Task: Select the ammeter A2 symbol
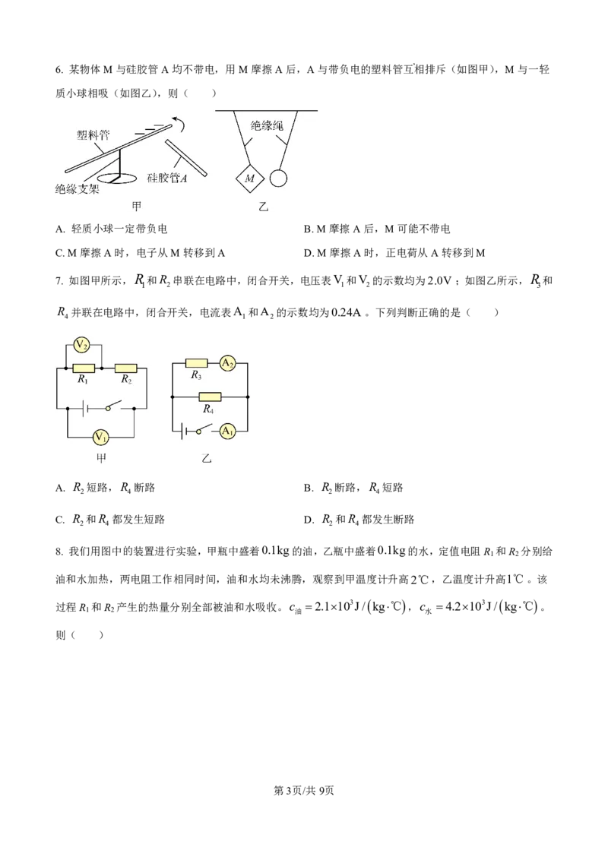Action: pyautogui.click(x=227, y=364)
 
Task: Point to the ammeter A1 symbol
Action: pyautogui.click(x=227, y=431)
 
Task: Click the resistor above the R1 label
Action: pyautogui.click(x=84, y=368)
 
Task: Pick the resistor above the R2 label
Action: pyautogui.click(x=125, y=368)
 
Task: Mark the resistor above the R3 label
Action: pyautogui.click(x=197, y=364)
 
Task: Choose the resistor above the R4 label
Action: pyautogui.click(x=209, y=397)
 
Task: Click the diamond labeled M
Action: pyautogui.click(x=249, y=179)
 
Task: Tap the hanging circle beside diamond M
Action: pyautogui.click(x=279, y=179)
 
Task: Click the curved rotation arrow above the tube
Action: pyautogui.click(x=177, y=119)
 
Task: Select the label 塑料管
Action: pyautogui.click(x=93, y=135)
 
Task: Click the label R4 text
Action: pyautogui.click(x=208, y=409)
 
